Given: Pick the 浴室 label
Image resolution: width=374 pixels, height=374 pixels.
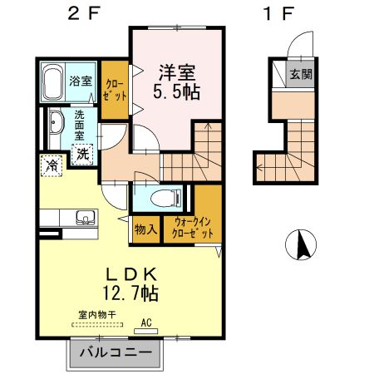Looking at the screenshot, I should (x=81, y=81).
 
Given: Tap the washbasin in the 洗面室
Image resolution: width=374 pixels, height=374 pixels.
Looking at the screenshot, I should (x=55, y=125).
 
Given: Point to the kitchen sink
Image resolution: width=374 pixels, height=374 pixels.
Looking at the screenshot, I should (x=84, y=219).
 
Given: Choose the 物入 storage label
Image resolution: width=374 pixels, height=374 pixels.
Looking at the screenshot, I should (x=145, y=229).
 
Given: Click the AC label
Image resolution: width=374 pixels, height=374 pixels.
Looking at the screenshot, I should (x=145, y=322).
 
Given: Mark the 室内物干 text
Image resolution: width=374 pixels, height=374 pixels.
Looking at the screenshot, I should (x=96, y=314).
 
